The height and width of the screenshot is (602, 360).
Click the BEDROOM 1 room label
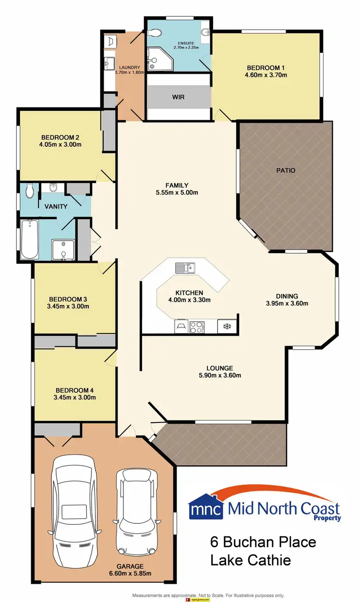point(266,68)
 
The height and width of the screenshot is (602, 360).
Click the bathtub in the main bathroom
point(30,238)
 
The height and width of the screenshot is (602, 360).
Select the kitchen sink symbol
point(184,267)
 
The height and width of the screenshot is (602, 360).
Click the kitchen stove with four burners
point(196,327)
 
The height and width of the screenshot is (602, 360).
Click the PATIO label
point(286,170)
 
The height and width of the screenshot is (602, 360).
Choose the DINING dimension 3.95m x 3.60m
point(287,303)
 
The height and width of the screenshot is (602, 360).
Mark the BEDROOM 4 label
point(75,390)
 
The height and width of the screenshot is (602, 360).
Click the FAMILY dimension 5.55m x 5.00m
point(177,192)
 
